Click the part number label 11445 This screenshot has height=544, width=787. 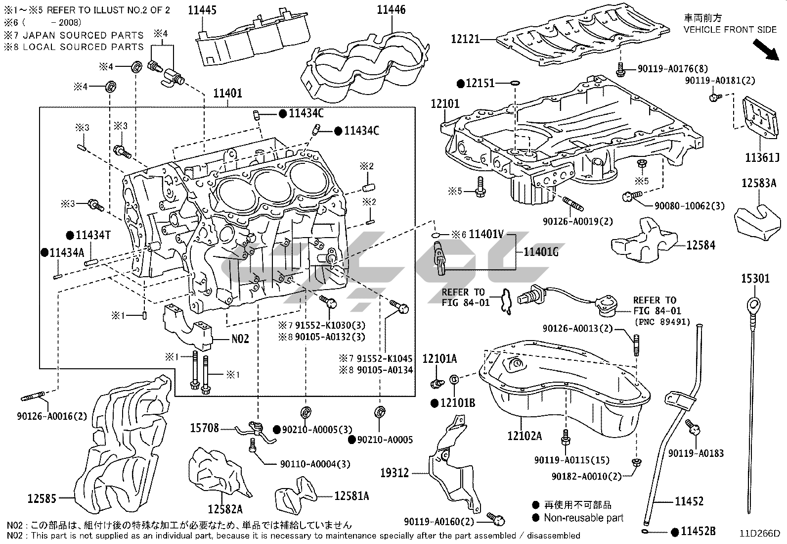pyautogui.click(x=202, y=10)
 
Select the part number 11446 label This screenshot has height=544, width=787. pyautogui.click(x=392, y=10)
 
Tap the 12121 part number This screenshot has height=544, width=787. pyautogui.click(x=465, y=39)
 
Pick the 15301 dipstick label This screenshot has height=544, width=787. pyautogui.click(x=755, y=279)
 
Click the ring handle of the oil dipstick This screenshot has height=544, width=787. pyautogui.click(x=754, y=303)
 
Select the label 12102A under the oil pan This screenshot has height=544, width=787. pyautogui.click(x=524, y=436)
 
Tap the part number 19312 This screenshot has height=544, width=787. pyautogui.click(x=394, y=473)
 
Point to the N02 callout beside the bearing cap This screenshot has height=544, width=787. pyautogui.click(x=240, y=340)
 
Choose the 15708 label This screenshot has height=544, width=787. pyautogui.click(x=204, y=428)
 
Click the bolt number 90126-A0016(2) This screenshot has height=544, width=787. pyautogui.click(x=51, y=416)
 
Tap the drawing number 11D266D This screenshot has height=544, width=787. pyautogui.click(x=759, y=534)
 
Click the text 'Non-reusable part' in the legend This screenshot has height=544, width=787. pyautogui.click(x=583, y=518)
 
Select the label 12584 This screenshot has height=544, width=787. pyautogui.click(x=700, y=245)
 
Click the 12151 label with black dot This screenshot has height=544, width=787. pyautogui.click(x=480, y=83)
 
